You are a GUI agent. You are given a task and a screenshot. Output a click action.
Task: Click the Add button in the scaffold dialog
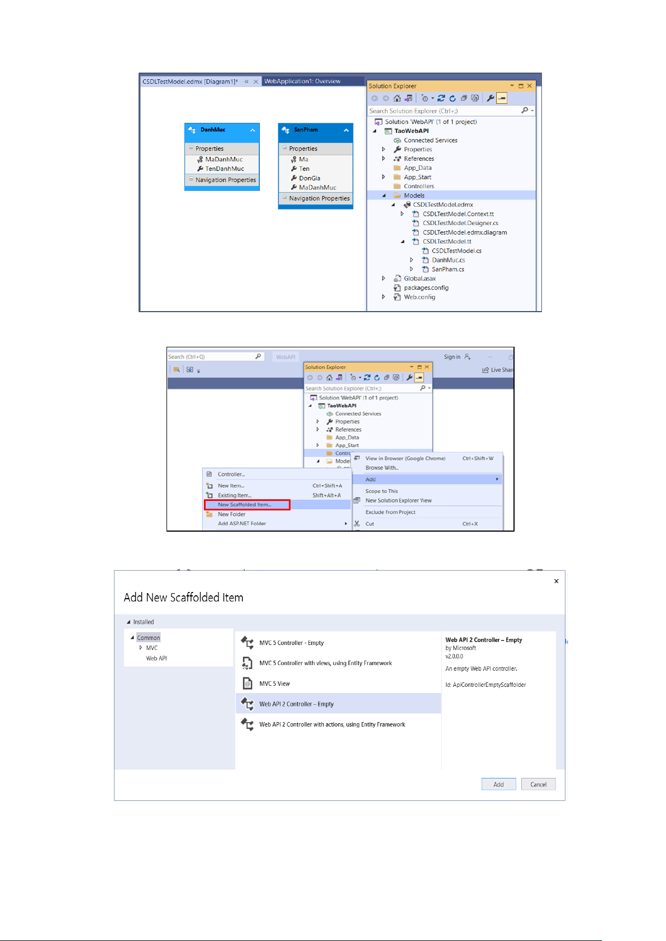pos(498,784)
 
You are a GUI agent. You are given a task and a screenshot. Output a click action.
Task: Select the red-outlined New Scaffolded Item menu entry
pos(246,505)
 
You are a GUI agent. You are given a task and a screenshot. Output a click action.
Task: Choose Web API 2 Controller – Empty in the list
pos(296,704)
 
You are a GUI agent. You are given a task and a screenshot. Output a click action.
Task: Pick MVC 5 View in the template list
pos(274,684)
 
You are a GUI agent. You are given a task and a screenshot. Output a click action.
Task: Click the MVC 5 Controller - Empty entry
pos(291,643)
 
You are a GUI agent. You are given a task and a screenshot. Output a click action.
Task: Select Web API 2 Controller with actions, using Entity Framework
pos(332,724)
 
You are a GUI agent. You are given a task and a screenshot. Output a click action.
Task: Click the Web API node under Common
pos(156,658)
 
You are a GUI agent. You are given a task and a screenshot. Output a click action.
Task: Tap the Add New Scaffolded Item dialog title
pos(183,598)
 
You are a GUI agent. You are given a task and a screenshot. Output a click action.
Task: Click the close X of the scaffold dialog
pos(556,581)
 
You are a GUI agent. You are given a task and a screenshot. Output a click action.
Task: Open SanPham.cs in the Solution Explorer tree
pos(448,269)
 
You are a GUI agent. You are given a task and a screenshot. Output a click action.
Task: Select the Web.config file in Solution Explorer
pos(419,297)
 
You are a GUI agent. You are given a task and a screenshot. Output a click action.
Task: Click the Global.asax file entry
pos(420,279)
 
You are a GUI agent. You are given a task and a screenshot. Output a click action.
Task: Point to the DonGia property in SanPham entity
pos(310,178)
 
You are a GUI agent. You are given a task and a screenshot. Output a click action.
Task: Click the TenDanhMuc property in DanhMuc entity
pos(225,169)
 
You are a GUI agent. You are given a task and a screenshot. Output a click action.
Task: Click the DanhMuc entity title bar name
pos(213,130)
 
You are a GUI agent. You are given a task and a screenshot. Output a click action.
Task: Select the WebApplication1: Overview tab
pos(302,82)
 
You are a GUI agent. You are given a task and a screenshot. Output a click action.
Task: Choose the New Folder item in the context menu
pos(231,514)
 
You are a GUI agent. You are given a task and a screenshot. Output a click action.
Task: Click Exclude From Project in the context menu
pos(390,512)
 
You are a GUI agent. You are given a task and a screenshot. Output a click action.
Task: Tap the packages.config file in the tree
pos(426,288)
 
